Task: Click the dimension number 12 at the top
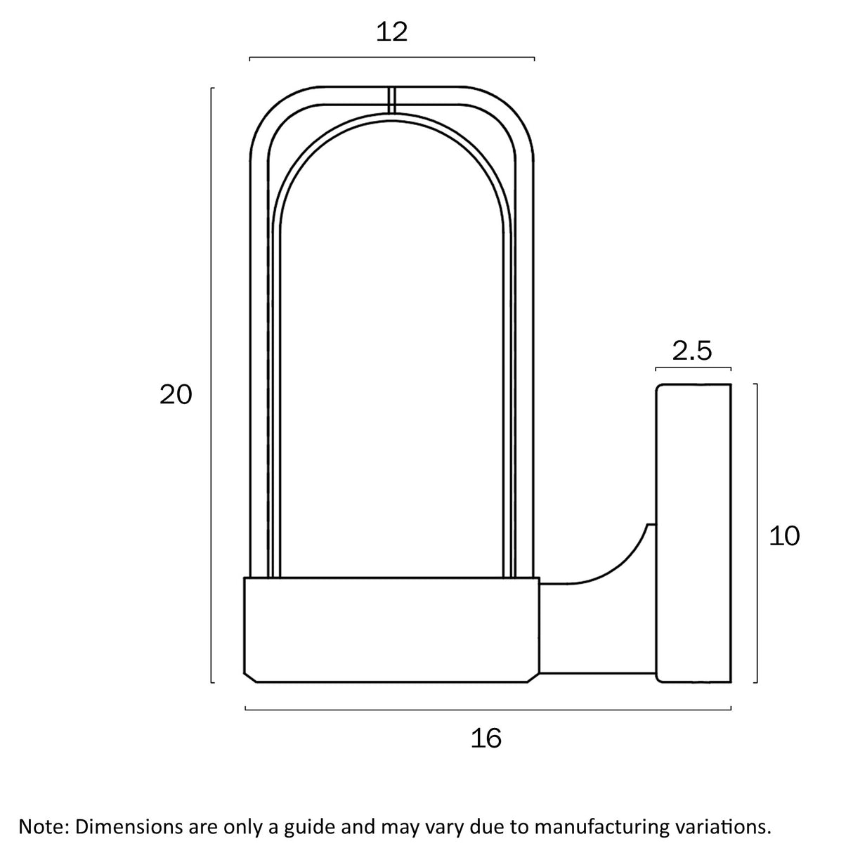[391, 33]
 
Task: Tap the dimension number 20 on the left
[176, 395]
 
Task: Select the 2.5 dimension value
[692, 351]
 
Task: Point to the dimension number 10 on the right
[784, 535]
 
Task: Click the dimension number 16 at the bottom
[486, 738]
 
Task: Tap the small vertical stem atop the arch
[391, 100]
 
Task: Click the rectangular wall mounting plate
[694, 533]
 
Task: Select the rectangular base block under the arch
[392, 630]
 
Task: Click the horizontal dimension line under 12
[392, 58]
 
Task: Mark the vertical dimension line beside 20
[212, 385]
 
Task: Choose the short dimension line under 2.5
[694, 367]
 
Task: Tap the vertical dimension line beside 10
[757, 533]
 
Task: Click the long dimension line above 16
[488, 710]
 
